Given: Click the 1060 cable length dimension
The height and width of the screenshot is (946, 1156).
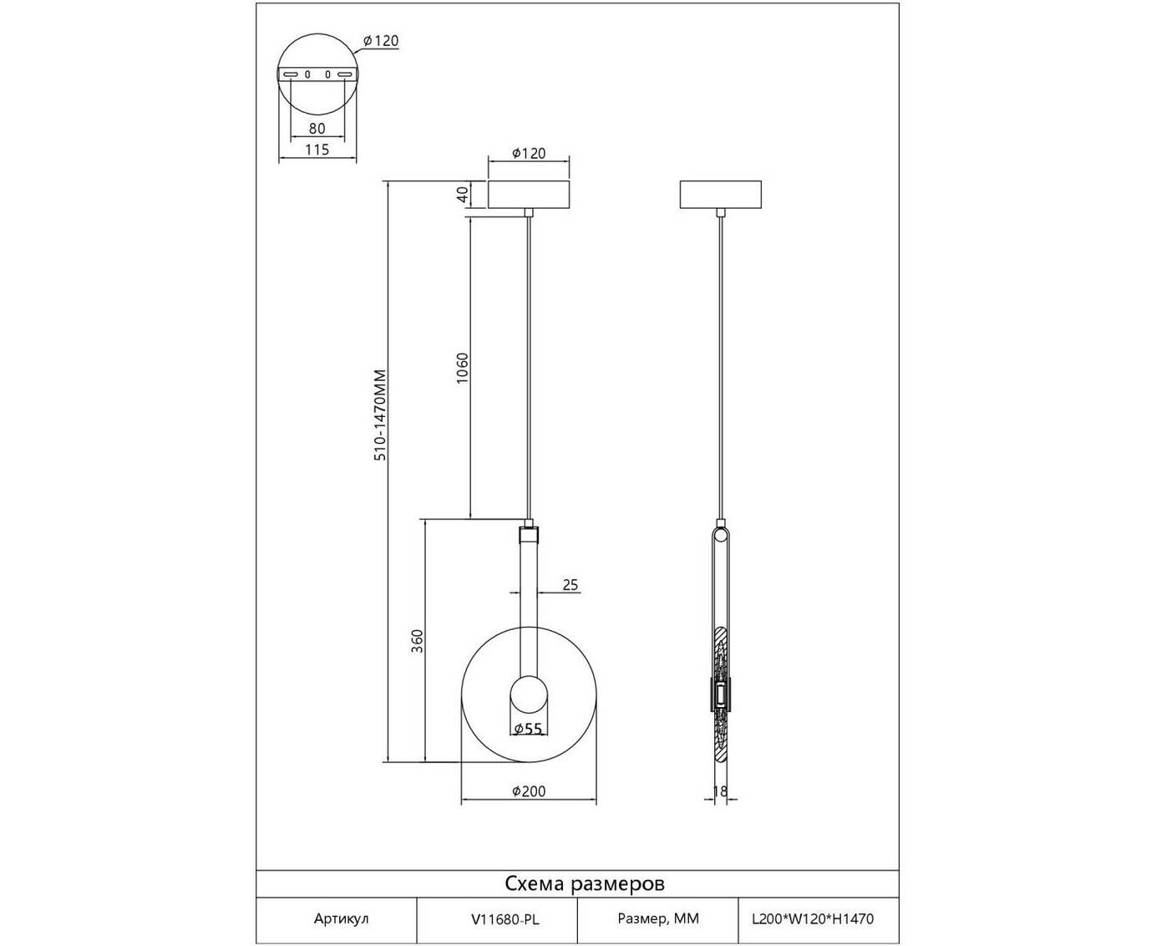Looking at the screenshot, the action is (463, 368).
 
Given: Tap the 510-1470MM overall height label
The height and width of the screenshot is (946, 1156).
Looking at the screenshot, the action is (380, 415).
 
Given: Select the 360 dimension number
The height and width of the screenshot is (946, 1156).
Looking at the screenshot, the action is (417, 640).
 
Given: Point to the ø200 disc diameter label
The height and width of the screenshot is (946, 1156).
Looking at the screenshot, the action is (529, 791).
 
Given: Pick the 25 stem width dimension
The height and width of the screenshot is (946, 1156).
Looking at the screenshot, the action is (570, 585).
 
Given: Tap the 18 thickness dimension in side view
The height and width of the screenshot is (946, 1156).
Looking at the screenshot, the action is (720, 791).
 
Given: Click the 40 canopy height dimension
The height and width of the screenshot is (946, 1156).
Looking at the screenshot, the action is (463, 194).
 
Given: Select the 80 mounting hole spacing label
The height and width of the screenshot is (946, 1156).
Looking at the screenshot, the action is (317, 129).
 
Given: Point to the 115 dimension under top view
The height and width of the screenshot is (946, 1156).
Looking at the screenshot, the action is (317, 149).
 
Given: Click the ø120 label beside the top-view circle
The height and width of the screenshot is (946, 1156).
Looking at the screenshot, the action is (381, 41).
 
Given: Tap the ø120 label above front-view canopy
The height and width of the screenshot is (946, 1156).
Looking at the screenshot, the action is (529, 153).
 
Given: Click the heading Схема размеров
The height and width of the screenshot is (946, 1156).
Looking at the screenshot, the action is (585, 883).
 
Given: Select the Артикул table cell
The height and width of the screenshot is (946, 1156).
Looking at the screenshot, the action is (341, 918).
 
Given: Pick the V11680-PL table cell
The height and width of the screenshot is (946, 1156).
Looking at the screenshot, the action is (504, 919).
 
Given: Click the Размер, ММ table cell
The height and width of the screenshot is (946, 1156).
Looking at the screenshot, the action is (658, 918).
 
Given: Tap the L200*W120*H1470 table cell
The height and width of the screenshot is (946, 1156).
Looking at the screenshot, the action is (813, 918).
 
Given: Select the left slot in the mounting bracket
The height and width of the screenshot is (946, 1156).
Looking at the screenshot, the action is (290, 74).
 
